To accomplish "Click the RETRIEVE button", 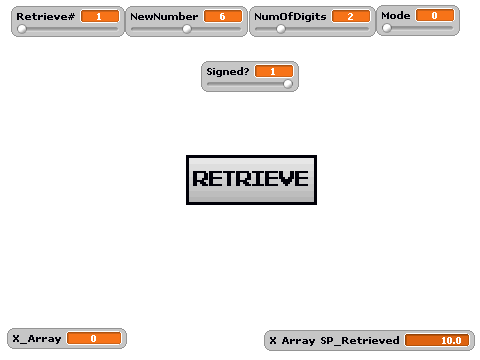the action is click(x=251, y=180).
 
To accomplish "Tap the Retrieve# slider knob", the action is click(x=22, y=29).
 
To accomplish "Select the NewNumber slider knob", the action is click(x=187, y=29).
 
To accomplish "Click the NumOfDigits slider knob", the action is click(x=281, y=29).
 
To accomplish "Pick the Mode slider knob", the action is click(x=387, y=28).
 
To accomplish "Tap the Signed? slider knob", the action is click(x=288, y=84).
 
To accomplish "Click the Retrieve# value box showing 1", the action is click(x=100, y=16).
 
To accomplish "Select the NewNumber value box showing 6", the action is click(x=223, y=16).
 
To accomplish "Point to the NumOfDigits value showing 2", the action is click(x=351, y=16).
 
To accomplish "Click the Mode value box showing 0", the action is click(x=435, y=15).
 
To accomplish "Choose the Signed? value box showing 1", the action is click(x=274, y=71).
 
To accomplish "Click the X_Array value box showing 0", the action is click(x=94, y=338).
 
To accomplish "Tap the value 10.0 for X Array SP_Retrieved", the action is click(x=437, y=340).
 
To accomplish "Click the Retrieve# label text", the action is click(x=46, y=16).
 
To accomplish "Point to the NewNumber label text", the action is click(x=164, y=16).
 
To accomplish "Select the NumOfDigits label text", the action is click(x=290, y=17).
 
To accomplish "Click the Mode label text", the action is click(x=396, y=15).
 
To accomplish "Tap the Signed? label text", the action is click(x=228, y=72).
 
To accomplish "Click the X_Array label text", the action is click(x=37, y=339).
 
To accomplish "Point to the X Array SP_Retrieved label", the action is click(x=334, y=341).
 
